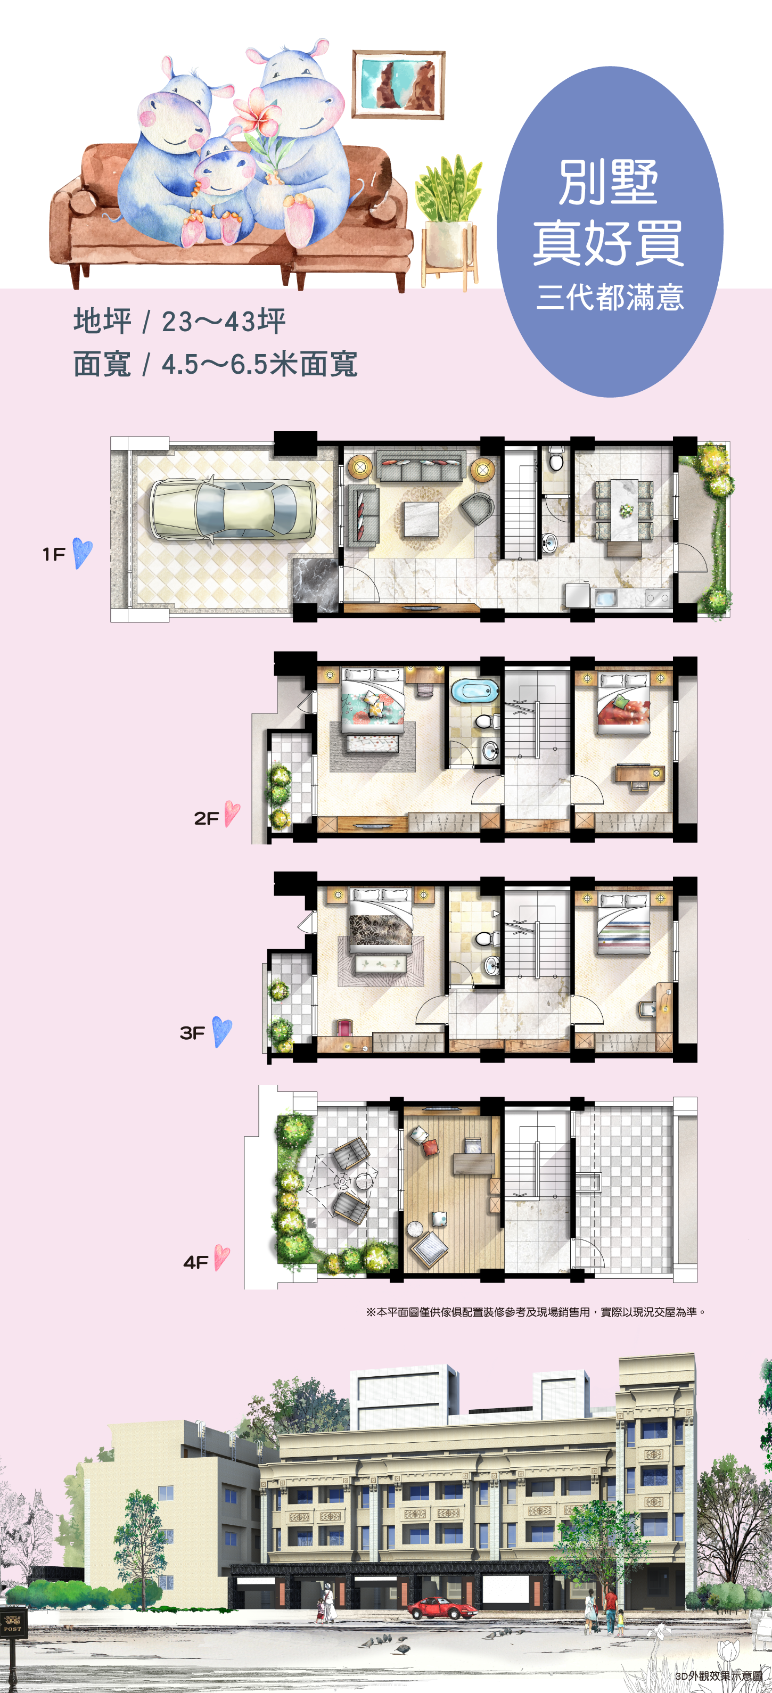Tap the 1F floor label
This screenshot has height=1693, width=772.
coord(54,554)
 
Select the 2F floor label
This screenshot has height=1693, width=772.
coord(206,818)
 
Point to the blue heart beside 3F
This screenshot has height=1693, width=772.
coord(222,1032)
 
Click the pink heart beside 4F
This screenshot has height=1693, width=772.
coord(221,1259)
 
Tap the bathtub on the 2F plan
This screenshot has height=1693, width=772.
coord(474,690)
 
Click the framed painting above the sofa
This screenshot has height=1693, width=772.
coord(398,84)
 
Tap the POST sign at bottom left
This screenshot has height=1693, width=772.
coord(12,1621)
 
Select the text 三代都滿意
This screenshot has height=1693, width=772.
coord(610,297)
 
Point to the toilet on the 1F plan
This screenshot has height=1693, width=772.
coord(556,459)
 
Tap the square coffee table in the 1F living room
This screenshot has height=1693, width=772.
coord(421,519)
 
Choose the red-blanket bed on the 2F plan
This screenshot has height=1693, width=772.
coord(623,704)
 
